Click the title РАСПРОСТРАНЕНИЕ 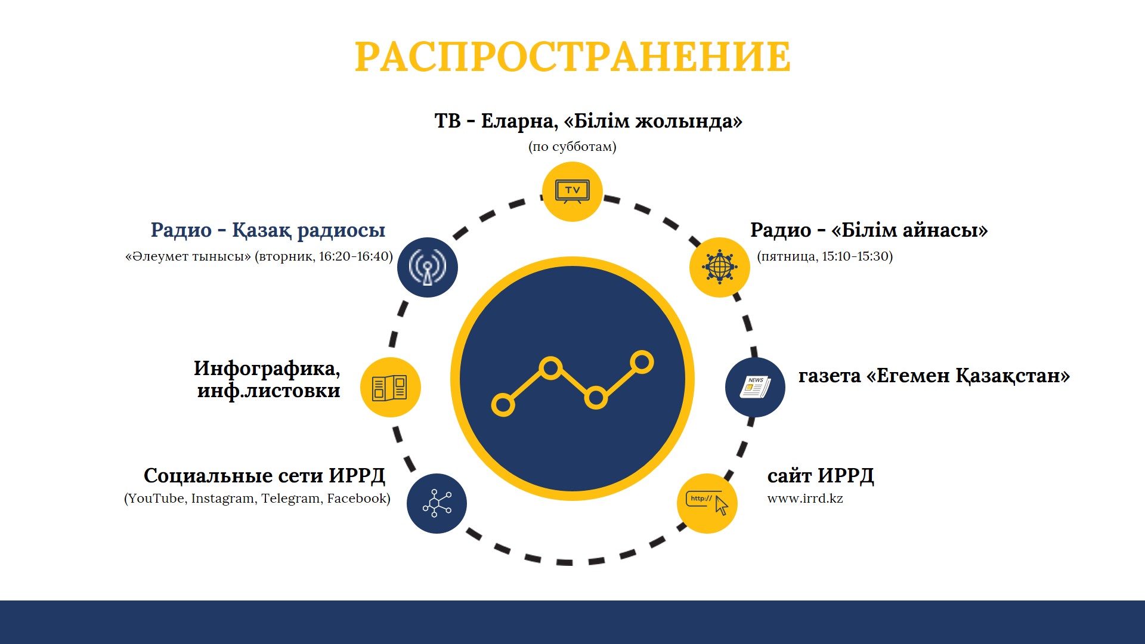[x=572, y=57]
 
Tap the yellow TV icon [x=572, y=191]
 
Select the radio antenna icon [x=428, y=267]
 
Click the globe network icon [x=719, y=267]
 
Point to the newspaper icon [x=755, y=387]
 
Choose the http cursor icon [x=707, y=503]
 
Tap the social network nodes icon [x=437, y=503]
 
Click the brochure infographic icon [x=390, y=387]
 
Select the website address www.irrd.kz [x=805, y=499]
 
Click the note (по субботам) [x=572, y=147]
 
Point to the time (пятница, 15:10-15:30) [x=825, y=256]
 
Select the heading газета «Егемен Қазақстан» [x=934, y=376]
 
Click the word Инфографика [x=267, y=369]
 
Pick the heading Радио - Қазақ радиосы [x=268, y=230]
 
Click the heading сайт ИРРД [x=821, y=476]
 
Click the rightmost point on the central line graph [x=642, y=362]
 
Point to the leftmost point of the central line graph [x=503, y=405]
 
